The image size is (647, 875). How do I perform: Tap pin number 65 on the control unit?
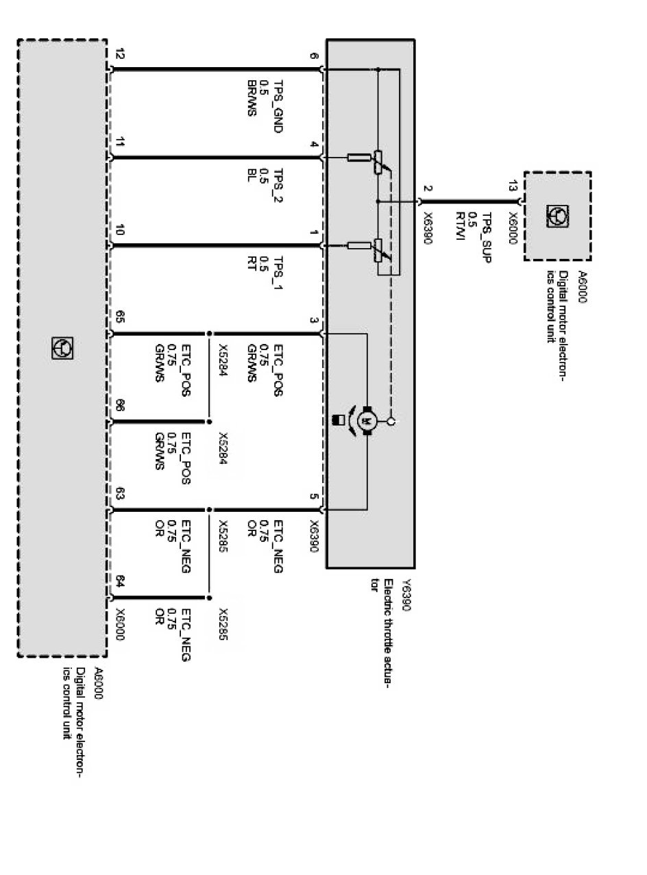pyautogui.click(x=121, y=317)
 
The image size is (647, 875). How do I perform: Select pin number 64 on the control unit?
pyautogui.click(x=121, y=582)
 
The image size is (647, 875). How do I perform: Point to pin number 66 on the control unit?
pyautogui.click(x=121, y=406)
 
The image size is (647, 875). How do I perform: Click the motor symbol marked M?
pyautogui.click(x=366, y=419)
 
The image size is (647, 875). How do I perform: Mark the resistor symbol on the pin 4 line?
pyautogui.click(x=359, y=158)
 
